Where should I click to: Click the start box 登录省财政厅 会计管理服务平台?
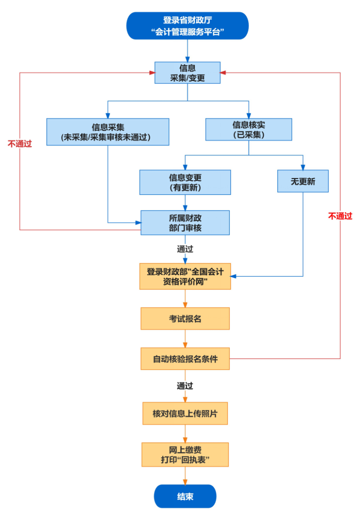tap(187, 26)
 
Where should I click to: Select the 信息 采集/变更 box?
tap(187, 72)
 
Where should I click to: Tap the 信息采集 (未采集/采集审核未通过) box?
tap(108, 132)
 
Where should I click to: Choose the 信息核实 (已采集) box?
tap(248, 130)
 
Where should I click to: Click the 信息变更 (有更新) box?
tap(185, 182)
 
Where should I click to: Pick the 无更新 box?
tap(302, 181)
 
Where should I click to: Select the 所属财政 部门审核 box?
tap(185, 222)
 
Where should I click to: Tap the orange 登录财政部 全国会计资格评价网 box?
tap(185, 276)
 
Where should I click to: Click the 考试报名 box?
tap(185, 319)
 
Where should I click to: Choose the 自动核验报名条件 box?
tap(185, 359)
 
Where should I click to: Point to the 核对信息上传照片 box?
tap(185, 413)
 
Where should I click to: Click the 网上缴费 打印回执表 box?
tap(185, 454)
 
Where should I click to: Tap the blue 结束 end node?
tap(185, 496)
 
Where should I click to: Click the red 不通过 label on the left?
tap(20, 144)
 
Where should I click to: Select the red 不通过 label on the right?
tap(340, 216)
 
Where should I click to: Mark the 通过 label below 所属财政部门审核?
tap(185, 248)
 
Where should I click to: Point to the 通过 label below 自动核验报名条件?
tap(185, 386)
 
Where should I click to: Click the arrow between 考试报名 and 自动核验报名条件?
tap(185, 339)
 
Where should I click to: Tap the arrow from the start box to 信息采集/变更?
tap(187, 50)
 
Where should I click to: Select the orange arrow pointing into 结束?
tap(185, 475)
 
